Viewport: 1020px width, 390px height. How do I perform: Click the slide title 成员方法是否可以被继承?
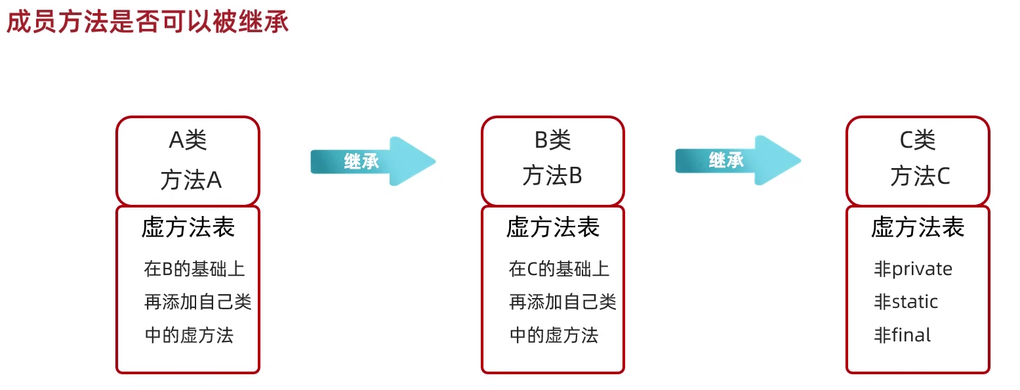(148, 22)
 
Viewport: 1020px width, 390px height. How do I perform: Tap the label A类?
(188, 140)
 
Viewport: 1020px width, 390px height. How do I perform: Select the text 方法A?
(191, 179)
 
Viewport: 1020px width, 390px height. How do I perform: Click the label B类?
(552, 140)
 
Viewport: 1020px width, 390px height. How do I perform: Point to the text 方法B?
(552, 176)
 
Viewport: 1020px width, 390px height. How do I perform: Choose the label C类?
(917, 140)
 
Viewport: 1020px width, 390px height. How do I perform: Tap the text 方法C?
(920, 176)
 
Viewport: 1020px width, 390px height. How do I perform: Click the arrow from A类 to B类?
(372, 161)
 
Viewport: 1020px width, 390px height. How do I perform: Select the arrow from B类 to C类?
(737, 160)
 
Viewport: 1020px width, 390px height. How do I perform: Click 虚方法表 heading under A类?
(188, 227)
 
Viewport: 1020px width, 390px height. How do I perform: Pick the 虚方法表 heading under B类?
(553, 227)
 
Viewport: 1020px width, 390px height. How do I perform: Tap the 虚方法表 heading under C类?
(918, 227)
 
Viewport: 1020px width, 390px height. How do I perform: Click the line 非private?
(913, 269)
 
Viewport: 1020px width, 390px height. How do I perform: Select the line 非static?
(906, 302)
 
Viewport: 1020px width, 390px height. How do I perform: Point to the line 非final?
(902, 336)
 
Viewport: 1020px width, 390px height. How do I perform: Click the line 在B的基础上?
(195, 269)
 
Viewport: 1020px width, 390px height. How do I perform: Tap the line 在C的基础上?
(559, 269)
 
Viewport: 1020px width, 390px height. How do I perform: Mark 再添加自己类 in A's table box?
(197, 302)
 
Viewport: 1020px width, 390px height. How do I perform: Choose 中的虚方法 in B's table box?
(554, 336)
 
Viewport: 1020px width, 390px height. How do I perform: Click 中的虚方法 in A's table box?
(189, 336)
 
